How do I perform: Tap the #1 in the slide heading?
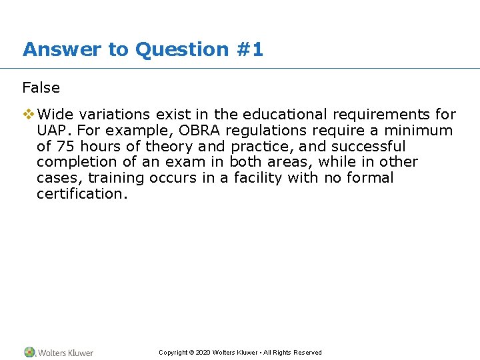click(x=250, y=49)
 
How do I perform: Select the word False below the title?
click(x=41, y=88)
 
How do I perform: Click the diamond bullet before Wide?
click(x=28, y=115)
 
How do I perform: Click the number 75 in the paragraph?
click(x=64, y=147)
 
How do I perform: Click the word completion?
click(x=75, y=162)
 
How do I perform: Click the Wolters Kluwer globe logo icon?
click(x=29, y=352)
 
